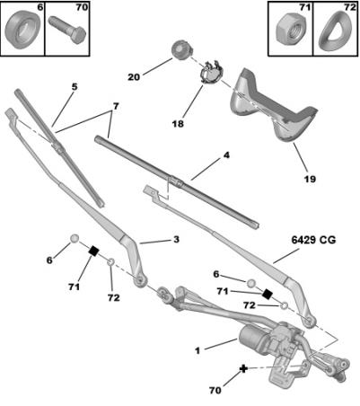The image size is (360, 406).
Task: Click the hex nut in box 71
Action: pos(290,30)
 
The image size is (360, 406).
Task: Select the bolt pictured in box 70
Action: pos(67,29)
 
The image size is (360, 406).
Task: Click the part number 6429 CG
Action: pos(313,240)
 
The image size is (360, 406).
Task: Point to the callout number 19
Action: pos(310,179)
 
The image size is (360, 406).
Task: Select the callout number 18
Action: pos(178,123)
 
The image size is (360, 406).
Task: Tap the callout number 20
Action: pos(134,77)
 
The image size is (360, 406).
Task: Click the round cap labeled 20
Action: pos(181,49)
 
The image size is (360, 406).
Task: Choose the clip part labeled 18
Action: pos(211,73)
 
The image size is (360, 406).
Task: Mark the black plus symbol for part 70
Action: pos(243,368)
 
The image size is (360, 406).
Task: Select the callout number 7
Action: pos(116,106)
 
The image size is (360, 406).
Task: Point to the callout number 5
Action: pos(75,87)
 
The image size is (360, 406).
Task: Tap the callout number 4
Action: pos(226,155)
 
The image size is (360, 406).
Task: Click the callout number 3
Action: pos(176,240)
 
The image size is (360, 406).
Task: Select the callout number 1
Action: pos(198,350)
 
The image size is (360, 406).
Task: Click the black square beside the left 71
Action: pos(94,251)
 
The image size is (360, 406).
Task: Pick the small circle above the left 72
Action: pos(110,262)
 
